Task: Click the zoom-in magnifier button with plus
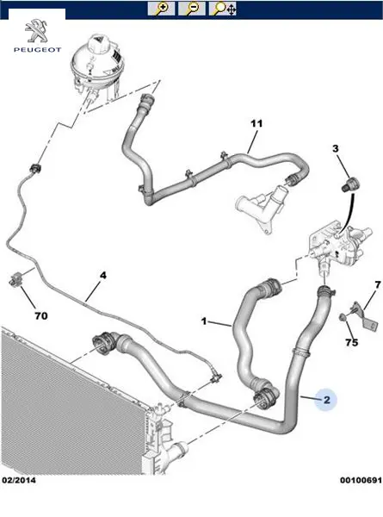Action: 161,9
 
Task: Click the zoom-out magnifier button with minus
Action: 192,9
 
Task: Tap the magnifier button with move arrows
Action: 222,9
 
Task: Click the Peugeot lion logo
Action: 36,31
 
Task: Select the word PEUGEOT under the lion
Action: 37,50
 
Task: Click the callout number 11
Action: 256,123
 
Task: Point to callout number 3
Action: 336,149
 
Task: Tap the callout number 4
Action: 103,276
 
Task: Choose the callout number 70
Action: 41,316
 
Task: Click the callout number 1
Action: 204,321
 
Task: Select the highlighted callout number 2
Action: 326,400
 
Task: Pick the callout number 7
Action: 377,284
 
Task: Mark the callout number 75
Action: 351,342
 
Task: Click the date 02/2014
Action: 19,480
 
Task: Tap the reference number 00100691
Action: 361,480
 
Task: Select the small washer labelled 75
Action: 343,317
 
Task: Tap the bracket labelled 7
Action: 365,315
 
